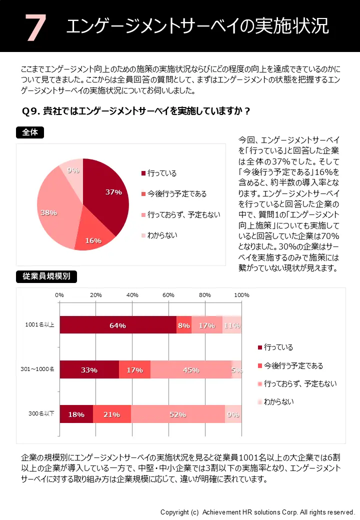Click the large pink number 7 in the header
35,27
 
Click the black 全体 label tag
30,132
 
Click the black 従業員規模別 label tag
46,276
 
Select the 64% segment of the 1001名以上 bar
118,325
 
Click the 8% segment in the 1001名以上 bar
184,325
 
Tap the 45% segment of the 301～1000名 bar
191,370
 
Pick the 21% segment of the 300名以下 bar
112,414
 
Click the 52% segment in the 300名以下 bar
178,414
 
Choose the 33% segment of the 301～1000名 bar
89,370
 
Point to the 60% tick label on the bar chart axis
168,295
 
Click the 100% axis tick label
241,295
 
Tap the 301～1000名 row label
38,370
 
